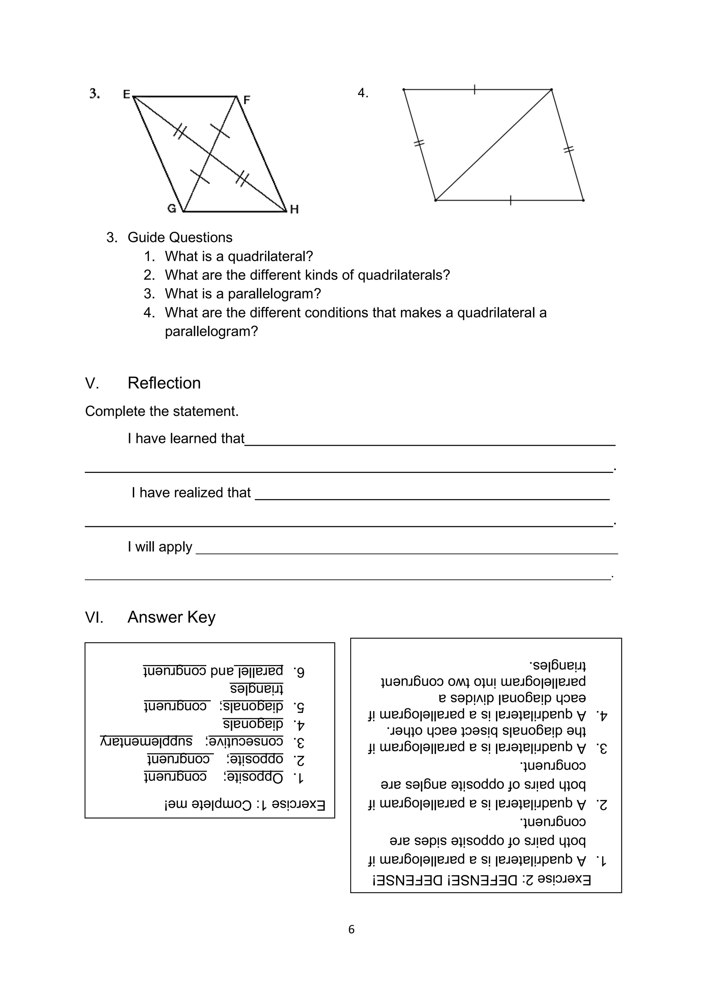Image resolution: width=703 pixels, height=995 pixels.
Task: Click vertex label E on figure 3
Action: (x=126, y=94)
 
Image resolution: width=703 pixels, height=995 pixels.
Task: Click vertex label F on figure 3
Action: (x=247, y=100)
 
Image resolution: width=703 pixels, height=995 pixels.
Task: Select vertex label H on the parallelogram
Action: (x=295, y=209)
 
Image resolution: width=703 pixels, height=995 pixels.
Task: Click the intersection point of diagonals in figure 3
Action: (x=210, y=154)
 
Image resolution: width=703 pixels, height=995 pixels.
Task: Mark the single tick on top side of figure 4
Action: (x=475, y=89)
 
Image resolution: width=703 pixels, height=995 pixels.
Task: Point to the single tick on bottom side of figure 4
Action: (x=511, y=200)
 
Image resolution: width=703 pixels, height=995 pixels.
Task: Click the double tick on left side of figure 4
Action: (x=419, y=143)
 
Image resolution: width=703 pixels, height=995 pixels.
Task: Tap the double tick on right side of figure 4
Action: (x=568, y=150)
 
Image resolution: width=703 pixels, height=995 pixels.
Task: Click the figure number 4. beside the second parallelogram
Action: (x=363, y=93)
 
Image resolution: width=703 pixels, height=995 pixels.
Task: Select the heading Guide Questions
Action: (x=180, y=237)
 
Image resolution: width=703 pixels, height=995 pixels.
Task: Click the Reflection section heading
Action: (x=164, y=383)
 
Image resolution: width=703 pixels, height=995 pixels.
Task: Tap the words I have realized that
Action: (x=191, y=493)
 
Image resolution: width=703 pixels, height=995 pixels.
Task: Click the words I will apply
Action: (x=160, y=547)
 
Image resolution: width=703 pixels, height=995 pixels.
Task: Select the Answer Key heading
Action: (x=171, y=617)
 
